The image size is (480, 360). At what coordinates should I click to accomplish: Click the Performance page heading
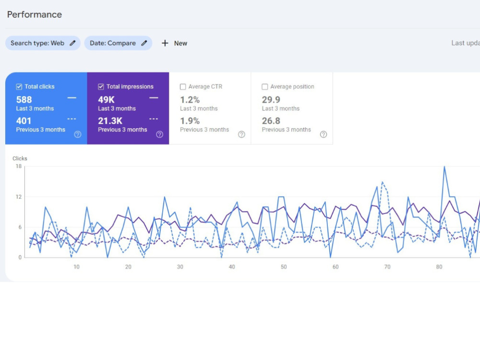pos(34,14)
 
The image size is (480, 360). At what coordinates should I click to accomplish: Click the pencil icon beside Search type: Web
pos(72,43)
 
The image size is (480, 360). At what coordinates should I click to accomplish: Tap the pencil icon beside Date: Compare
pos(144,43)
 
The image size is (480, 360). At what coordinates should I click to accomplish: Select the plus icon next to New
pos(165,43)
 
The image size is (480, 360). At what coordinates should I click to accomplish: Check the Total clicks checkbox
pos(19,86)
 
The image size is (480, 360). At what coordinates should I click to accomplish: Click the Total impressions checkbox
pos(101,86)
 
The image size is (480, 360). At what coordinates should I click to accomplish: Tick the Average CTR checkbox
pos(183,86)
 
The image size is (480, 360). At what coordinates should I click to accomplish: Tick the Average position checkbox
pos(265,86)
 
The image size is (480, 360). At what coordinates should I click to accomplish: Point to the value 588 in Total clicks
pos(24,99)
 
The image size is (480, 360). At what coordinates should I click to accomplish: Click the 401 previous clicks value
pos(24,121)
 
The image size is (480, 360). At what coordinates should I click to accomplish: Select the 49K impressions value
pos(106,99)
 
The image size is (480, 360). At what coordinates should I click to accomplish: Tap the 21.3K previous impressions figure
pos(110,121)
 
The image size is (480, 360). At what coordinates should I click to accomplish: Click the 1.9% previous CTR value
pos(190,121)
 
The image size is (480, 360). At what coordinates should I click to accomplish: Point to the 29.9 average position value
pos(271,99)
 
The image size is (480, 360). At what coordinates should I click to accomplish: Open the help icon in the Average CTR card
pos(241,134)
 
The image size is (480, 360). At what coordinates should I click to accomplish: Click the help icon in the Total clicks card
pos(78,134)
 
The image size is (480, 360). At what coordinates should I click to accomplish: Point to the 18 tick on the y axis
pos(19,166)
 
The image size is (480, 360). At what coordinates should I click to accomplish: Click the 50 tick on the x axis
pos(284,267)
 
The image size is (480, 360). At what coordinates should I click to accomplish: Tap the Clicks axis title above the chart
pos(20,158)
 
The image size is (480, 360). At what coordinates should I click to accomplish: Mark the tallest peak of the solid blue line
pos(444,167)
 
